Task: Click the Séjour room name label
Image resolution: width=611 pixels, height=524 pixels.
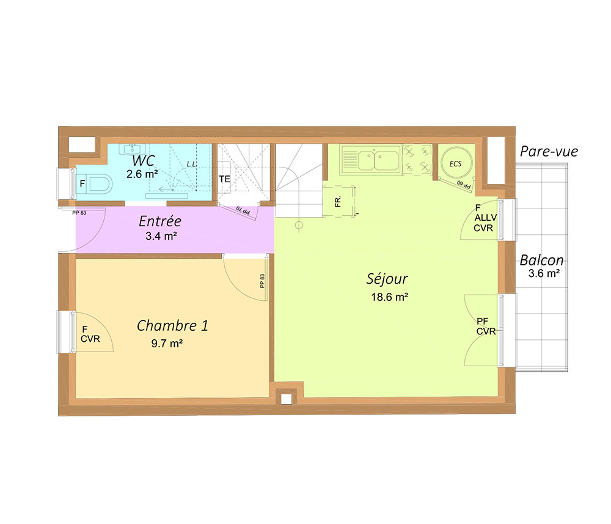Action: pyautogui.click(x=387, y=279)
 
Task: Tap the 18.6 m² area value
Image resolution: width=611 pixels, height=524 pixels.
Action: pyautogui.click(x=389, y=297)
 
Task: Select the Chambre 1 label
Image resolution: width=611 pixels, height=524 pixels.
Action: pyautogui.click(x=172, y=325)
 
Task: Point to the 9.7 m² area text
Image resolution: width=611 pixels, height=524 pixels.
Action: pyautogui.click(x=167, y=344)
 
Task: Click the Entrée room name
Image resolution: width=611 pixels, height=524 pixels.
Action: pyautogui.click(x=159, y=221)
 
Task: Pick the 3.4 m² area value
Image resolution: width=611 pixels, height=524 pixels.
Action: pyautogui.click(x=161, y=236)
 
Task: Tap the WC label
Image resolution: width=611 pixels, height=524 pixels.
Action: pyautogui.click(x=144, y=160)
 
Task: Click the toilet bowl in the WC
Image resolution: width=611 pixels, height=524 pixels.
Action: pyautogui.click(x=99, y=184)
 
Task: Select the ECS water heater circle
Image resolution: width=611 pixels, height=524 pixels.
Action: pyautogui.click(x=456, y=163)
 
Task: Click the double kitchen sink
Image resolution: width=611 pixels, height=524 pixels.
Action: pyautogui.click(x=371, y=160)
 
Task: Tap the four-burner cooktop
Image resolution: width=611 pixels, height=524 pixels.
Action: pyautogui.click(x=417, y=159)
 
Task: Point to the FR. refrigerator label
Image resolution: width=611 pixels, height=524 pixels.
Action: pyautogui.click(x=338, y=201)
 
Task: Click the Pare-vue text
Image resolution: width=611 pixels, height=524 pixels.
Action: pyautogui.click(x=549, y=151)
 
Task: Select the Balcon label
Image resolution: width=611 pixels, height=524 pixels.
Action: pyautogui.click(x=541, y=260)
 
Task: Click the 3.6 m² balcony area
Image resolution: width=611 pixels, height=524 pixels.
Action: pyautogui.click(x=544, y=273)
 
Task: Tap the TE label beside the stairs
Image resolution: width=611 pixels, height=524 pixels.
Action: pyautogui.click(x=224, y=179)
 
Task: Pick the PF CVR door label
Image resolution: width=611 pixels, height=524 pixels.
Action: pyautogui.click(x=486, y=327)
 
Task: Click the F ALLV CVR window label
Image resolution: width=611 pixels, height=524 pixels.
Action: pyautogui.click(x=485, y=218)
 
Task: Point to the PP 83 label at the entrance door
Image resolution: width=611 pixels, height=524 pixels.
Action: pyautogui.click(x=79, y=213)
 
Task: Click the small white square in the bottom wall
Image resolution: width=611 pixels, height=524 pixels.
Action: pyautogui.click(x=287, y=399)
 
